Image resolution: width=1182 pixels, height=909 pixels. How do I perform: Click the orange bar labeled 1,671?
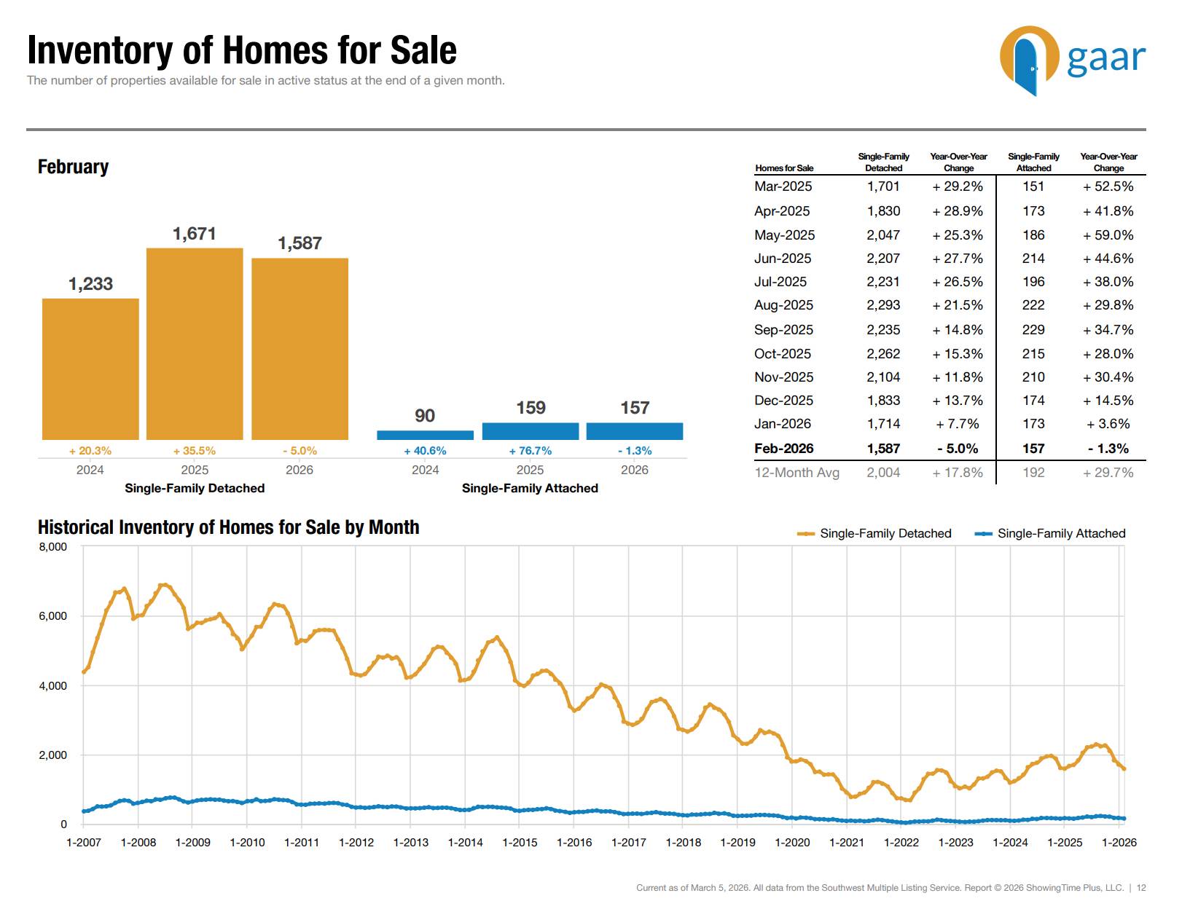tap(195, 344)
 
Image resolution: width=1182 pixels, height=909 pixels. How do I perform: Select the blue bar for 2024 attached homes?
tap(425, 435)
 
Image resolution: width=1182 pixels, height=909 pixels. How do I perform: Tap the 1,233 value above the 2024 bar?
tap(90, 284)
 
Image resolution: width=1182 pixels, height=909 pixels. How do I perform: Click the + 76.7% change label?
tap(530, 451)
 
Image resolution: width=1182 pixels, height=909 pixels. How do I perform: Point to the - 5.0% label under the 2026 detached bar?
tap(300, 451)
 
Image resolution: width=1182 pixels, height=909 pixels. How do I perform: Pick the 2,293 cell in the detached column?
tap(883, 305)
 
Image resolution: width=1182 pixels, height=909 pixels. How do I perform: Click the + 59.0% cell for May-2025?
tap(1108, 235)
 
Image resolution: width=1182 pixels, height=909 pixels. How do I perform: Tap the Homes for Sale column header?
tap(784, 168)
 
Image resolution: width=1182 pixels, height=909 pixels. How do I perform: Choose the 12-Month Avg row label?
tap(797, 473)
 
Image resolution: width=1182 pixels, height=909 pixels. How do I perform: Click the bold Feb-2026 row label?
tap(783, 449)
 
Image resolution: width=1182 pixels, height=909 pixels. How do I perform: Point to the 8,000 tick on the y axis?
tap(52, 547)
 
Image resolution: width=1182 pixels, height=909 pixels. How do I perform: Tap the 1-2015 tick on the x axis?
tap(520, 843)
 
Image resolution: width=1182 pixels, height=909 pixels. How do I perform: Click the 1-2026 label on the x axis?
tap(1119, 843)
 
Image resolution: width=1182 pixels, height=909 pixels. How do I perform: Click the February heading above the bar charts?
tap(73, 167)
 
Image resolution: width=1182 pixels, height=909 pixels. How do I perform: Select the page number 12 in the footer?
tap(1141, 888)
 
